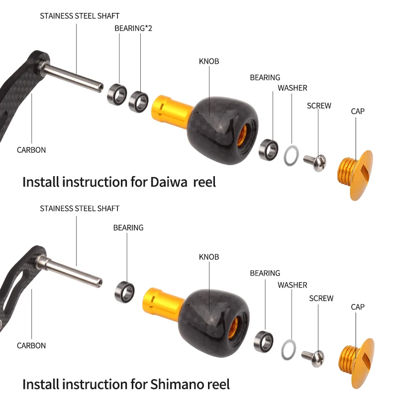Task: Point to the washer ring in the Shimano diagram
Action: point(289,350)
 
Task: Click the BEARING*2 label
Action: point(133,28)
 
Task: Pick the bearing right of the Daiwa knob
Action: point(269,149)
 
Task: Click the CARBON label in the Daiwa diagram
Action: point(31,150)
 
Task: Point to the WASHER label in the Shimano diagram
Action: point(293,285)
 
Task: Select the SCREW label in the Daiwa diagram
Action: point(319,106)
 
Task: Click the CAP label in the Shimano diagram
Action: point(358,307)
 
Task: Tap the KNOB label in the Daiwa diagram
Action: point(209,62)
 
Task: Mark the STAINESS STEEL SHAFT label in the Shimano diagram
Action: point(80,208)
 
